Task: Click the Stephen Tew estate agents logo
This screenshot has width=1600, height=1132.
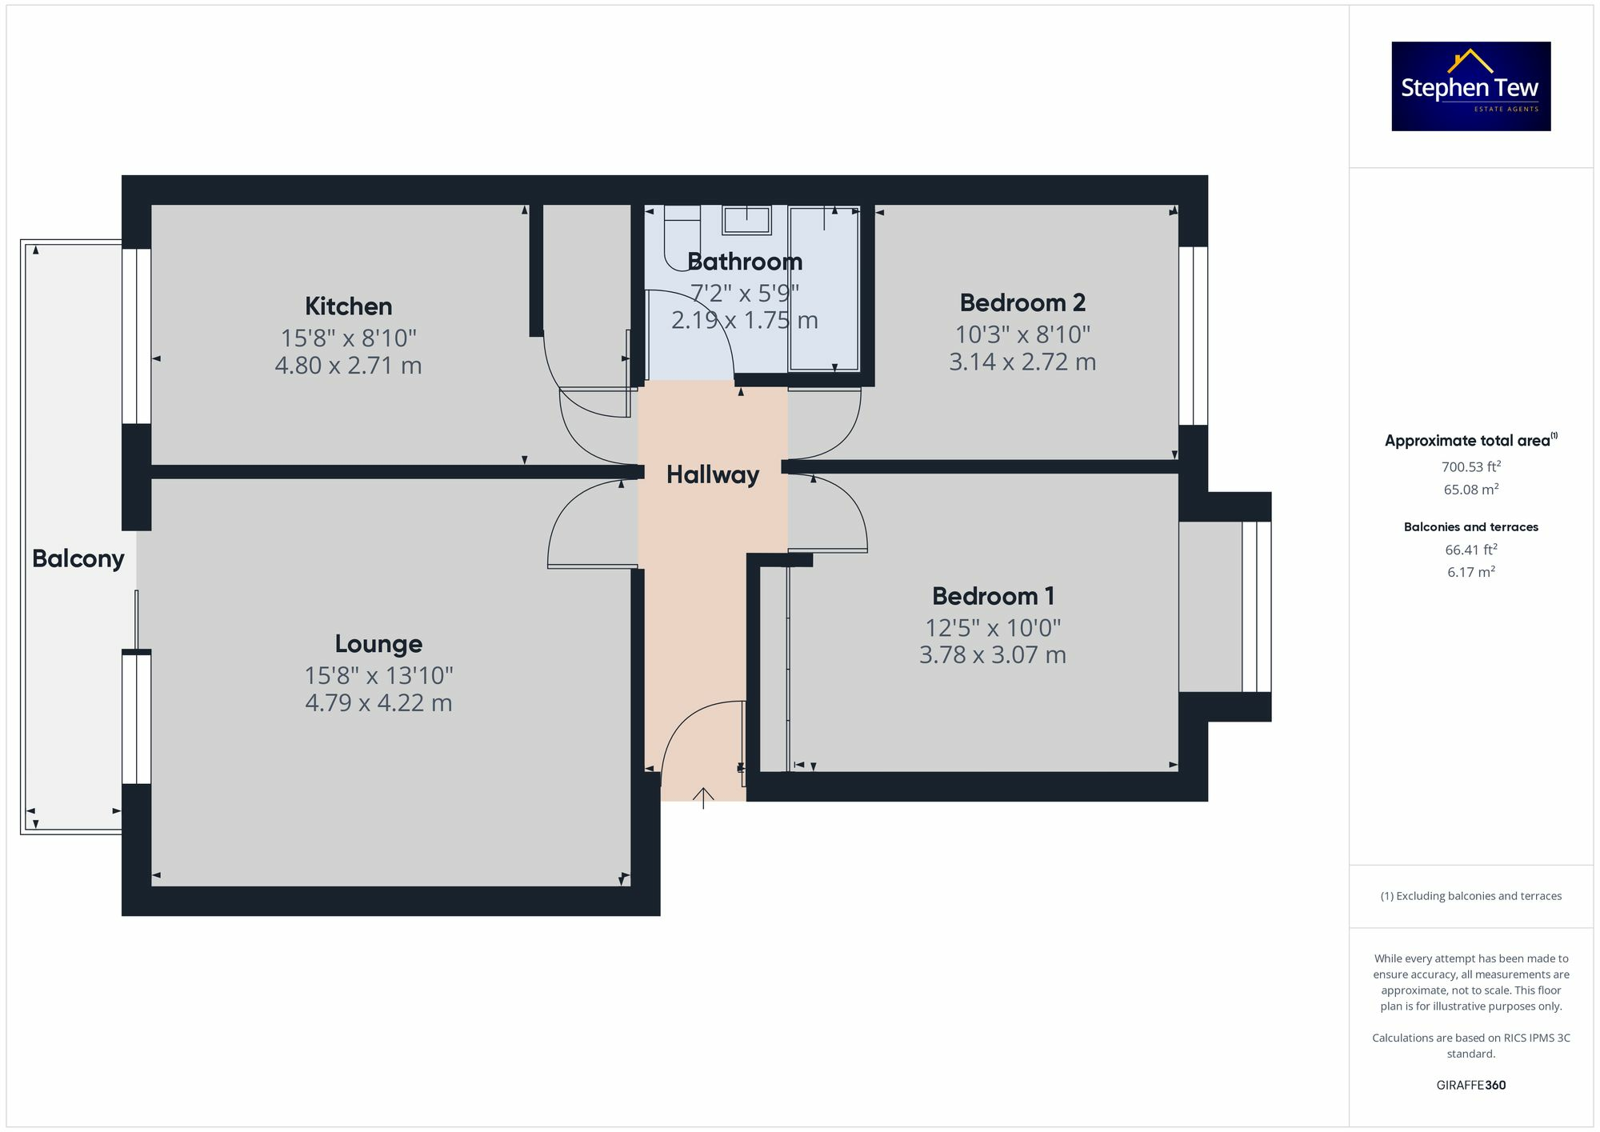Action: pyautogui.click(x=1470, y=86)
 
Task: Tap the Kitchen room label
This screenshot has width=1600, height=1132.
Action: pyautogui.click(x=348, y=306)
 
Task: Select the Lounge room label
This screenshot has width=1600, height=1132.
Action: pyautogui.click(x=378, y=644)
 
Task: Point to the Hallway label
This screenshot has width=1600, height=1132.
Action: pyautogui.click(x=713, y=475)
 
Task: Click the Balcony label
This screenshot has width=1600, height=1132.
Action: pyautogui.click(x=78, y=558)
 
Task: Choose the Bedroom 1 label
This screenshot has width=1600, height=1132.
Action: pyautogui.click(x=993, y=596)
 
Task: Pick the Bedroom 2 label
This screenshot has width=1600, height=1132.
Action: pyautogui.click(x=1022, y=303)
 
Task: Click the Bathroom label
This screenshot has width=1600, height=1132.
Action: pyautogui.click(x=745, y=262)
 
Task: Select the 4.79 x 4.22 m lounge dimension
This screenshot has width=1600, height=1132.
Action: pyautogui.click(x=378, y=703)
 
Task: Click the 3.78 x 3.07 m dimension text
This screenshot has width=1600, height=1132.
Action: pyautogui.click(x=993, y=655)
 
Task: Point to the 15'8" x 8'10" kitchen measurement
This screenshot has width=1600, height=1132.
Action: pyautogui.click(x=348, y=338)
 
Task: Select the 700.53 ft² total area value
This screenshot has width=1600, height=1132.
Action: pyautogui.click(x=1470, y=467)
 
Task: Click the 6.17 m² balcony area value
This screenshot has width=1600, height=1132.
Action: pyautogui.click(x=1470, y=572)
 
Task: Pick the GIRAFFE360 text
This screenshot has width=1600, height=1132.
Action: pyautogui.click(x=1470, y=1086)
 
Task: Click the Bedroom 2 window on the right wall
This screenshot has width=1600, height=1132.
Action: pyautogui.click(x=1193, y=336)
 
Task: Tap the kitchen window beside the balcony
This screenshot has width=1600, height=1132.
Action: pyautogui.click(x=137, y=336)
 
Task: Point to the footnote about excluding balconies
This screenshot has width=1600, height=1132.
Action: pyautogui.click(x=1470, y=896)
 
